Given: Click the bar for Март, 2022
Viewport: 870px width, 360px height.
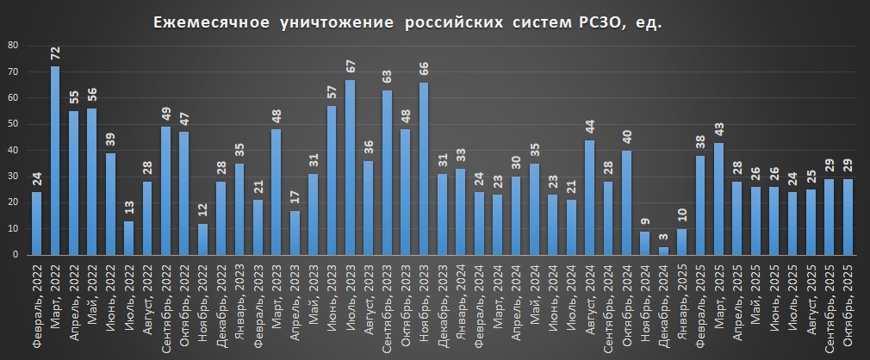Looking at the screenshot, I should click(55, 161).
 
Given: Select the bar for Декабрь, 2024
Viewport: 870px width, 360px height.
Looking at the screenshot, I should click(664, 251).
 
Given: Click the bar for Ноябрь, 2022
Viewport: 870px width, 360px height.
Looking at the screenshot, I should click(202, 239).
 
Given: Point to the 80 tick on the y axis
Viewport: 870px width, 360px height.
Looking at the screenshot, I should click(12, 45).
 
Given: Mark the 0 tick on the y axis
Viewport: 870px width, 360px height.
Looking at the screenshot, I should click(15, 255).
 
